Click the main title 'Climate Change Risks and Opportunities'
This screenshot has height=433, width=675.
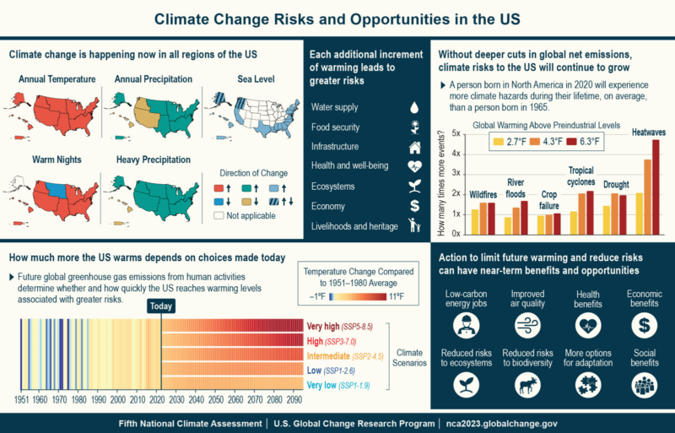pos(337,19)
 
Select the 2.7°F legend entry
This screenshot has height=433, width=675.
pos(515,142)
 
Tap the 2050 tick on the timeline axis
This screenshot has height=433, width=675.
pos(216,398)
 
